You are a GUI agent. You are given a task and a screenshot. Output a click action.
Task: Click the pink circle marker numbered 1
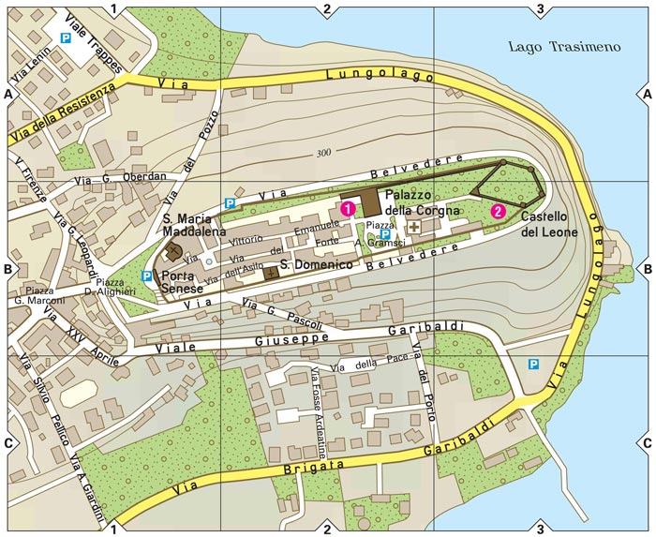point(348,208)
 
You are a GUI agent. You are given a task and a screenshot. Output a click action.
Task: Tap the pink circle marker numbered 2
point(498,211)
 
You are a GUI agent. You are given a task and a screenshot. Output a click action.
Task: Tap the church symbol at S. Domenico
point(271,273)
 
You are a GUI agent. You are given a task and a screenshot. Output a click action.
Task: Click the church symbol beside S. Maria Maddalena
point(174,251)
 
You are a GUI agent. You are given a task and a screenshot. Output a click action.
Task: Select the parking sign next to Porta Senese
point(145,276)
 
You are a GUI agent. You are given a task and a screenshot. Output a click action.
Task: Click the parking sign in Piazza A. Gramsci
point(384,233)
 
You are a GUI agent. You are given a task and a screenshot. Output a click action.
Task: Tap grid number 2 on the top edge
point(326,9)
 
